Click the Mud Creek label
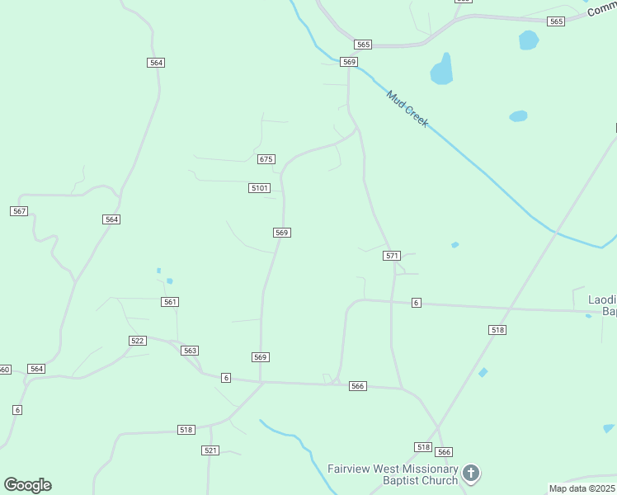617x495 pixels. [407, 108]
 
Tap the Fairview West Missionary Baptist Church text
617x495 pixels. [393, 474]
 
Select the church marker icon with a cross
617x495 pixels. [470, 473]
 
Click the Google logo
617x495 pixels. [28, 485]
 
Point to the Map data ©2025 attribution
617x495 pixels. [582, 488]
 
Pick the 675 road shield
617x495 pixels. [266, 159]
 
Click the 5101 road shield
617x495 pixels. [259, 188]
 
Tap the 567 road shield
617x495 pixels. [19, 211]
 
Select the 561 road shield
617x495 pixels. [170, 302]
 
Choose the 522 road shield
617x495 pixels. [138, 341]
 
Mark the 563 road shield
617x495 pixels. [191, 351]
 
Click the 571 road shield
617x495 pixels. [392, 256]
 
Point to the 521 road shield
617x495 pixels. [210, 450]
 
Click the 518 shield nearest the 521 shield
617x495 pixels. [186, 430]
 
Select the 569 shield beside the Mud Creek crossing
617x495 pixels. [349, 62]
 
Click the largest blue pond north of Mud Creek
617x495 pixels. [442, 70]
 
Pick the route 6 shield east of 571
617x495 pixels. [417, 304]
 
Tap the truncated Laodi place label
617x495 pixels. [601, 304]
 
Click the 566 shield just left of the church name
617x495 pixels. [445, 452]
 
